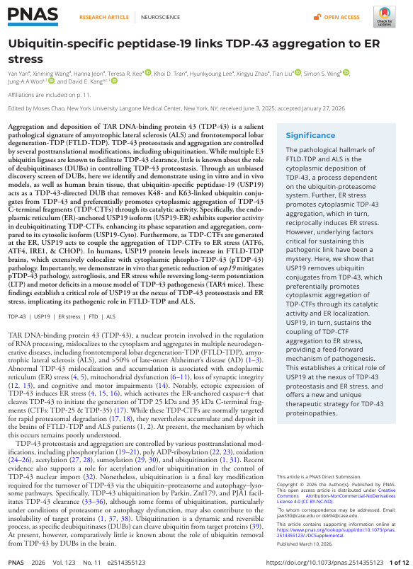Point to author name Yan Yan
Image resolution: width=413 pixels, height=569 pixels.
point(18,72)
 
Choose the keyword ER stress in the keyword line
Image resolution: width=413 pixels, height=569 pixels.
point(71,318)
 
